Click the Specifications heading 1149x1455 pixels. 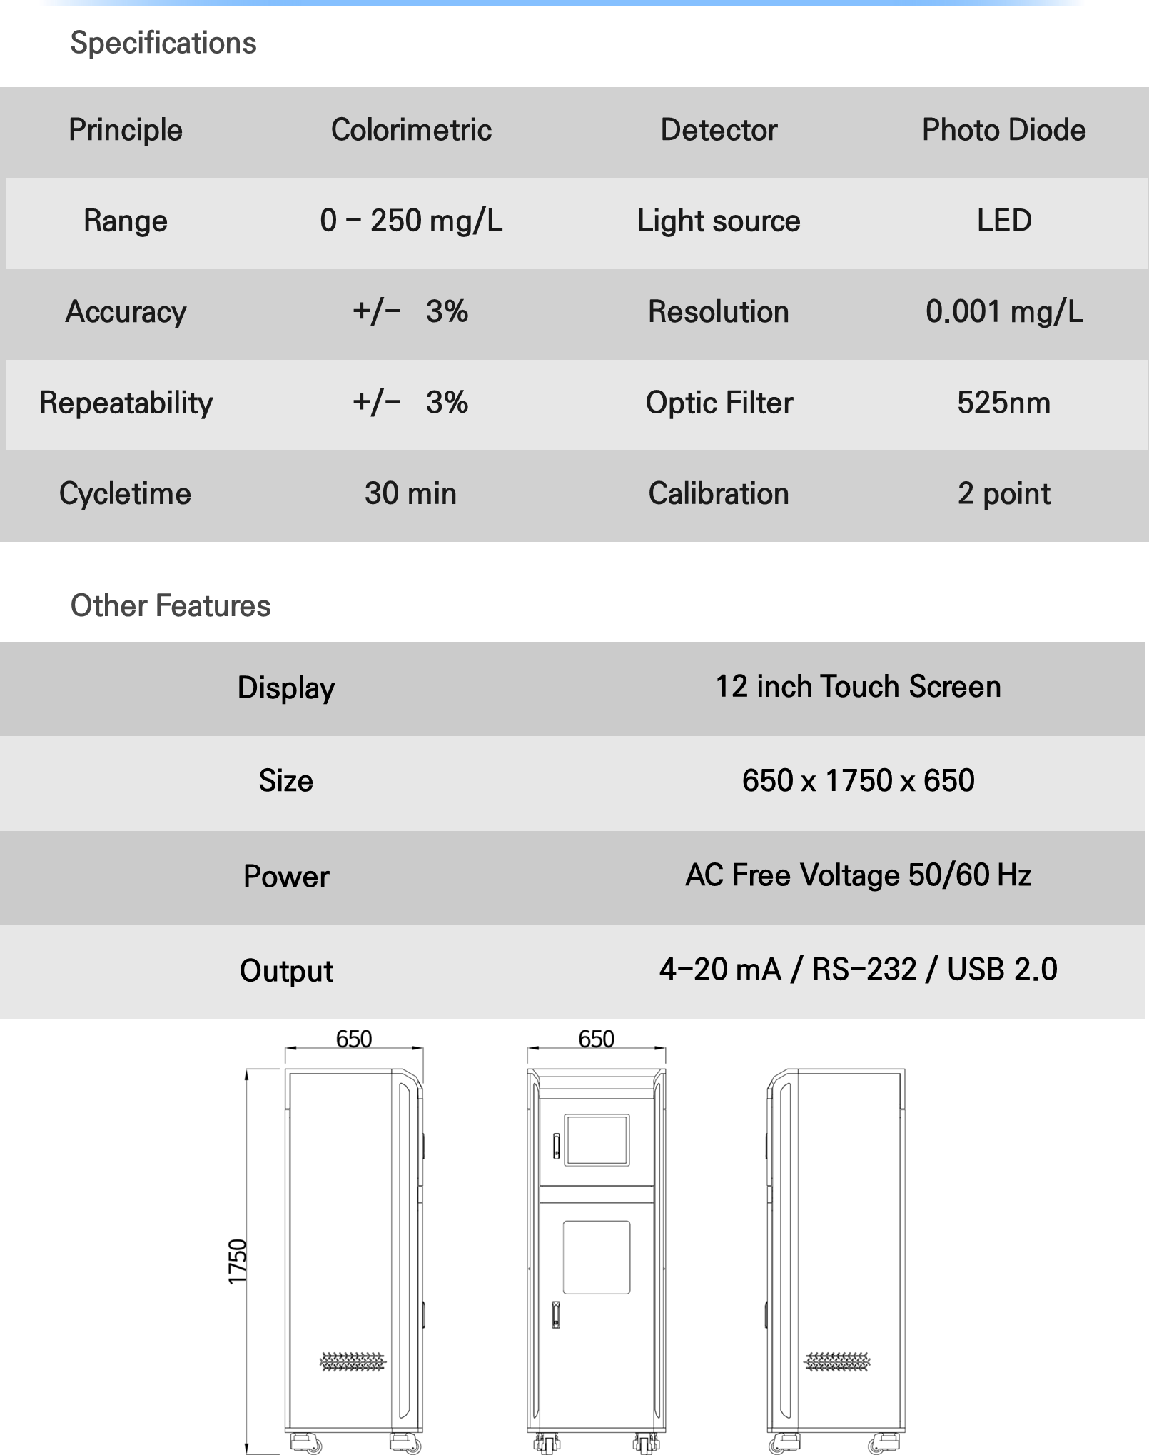click(163, 43)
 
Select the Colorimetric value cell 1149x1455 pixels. click(411, 130)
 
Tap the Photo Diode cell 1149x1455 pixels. click(1003, 130)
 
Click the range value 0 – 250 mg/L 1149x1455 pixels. click(411, 221)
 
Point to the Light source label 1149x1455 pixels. click(719, 221)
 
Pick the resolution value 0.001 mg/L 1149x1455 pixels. click(1003, 311)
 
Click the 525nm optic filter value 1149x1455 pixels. click(1003, 403)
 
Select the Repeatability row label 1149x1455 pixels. click(126, 403)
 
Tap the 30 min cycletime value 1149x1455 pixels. click(410, 493)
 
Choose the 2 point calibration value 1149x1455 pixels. click(1003, 493)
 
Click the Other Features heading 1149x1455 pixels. click(171, 605)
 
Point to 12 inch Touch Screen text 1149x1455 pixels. click(858, 686)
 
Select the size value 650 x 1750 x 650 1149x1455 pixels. click(858, 780)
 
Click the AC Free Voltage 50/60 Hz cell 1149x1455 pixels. click(858, 875)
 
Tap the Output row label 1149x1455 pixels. click(286, 971)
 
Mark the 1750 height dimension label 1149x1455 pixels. click(238, 1262)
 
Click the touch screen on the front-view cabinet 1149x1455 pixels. click(597, 1139)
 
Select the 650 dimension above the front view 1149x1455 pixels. click(596, 1039)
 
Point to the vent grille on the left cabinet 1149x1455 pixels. click(353, 1361)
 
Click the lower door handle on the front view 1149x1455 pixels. click(556, 1314)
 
